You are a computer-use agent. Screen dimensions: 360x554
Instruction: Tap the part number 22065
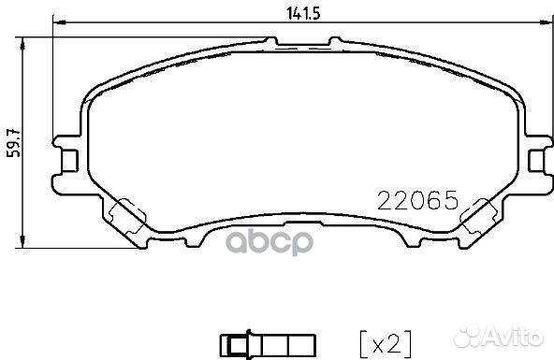point(415,200)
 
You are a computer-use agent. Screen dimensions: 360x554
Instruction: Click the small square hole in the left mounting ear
point(68,161)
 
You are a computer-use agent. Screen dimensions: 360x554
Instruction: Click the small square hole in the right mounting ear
point(534,161)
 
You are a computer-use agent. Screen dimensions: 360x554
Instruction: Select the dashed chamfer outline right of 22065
point(479,216)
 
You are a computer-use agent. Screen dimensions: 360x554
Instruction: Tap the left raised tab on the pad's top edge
point(273,42)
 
